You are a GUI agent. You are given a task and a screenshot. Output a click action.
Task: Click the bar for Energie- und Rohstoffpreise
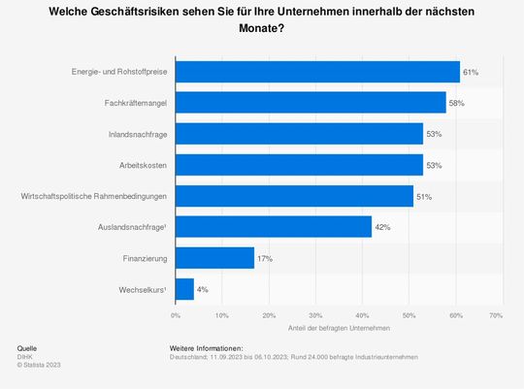(x=317, y=72)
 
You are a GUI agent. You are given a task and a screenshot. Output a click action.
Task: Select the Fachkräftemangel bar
(x=311, y=102)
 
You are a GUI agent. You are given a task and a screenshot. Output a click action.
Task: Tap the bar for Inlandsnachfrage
(x=299, y=133)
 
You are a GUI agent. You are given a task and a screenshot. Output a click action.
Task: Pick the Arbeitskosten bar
(x=299, y=165)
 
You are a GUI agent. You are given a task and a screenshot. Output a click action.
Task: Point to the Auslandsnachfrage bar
(x=273, y=227)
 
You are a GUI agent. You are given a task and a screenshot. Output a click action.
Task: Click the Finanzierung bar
(x=214, y=258)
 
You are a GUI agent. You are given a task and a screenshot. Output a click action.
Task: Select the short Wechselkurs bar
(x=184, y=289)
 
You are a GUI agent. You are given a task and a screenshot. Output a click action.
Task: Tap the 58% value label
(x=456, y=102)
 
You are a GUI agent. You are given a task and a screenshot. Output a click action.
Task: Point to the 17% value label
(x=264, y=258)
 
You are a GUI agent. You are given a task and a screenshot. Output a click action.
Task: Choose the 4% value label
(x=202, y=289)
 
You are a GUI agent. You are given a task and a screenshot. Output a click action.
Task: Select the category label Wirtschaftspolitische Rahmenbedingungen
(x=93, y=196)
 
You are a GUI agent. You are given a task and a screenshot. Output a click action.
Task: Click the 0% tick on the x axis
(x=176, y=315)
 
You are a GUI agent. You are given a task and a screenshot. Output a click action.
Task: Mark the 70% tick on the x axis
(x=495, y=315)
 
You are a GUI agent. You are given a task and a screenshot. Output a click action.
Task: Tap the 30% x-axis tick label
(x=313, y=315)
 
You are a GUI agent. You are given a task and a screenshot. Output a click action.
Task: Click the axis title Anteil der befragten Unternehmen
(x=335, y=330)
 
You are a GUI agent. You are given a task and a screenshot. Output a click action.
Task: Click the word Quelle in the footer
(x=28, y=347)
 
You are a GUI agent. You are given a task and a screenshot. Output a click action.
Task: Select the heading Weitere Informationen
(x=206, y=347)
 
